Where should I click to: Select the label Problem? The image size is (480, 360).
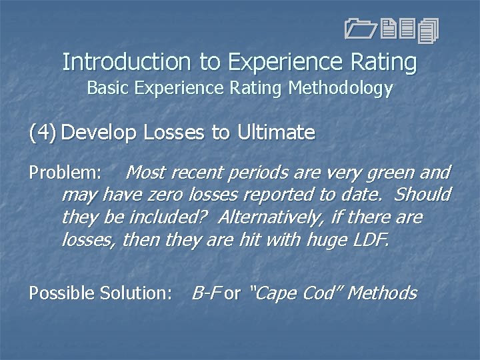click(x=65, y=173)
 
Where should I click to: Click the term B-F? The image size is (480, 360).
click(x=206, y=293)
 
